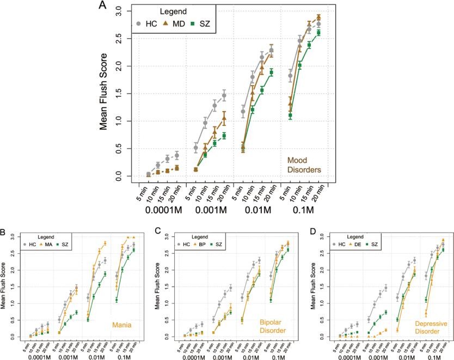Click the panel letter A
(x=103, y=6)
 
